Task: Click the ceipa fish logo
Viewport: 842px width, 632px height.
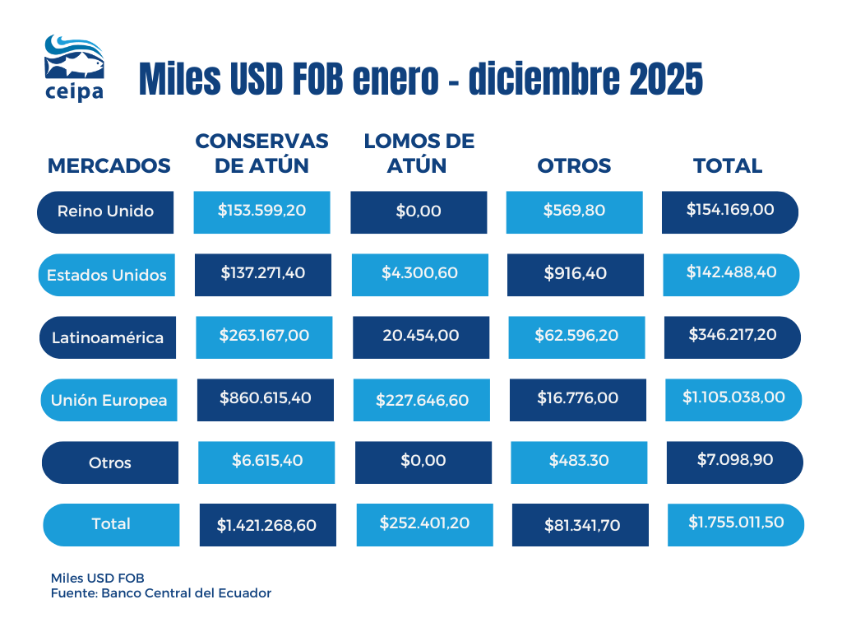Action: click(x=74, y=66)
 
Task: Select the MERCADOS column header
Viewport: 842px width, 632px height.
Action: click(x=109, y=165)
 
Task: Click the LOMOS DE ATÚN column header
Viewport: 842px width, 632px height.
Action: click(x=419, y=153)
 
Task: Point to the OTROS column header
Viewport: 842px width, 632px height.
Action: click(x=574, y=165)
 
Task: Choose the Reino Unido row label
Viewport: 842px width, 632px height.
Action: click(x=105, y=211)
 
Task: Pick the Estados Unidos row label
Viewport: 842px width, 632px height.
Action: click(x=107, y=275)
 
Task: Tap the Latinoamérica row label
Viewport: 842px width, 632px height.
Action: click(x=108, y=337)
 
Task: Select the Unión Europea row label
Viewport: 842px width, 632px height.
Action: click(x=109, y=401)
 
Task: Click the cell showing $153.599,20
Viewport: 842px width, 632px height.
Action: click(x=261, y=211)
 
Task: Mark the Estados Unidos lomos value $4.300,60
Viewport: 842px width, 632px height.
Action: click(x=419, y=273)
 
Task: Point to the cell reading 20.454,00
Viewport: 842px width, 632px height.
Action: click(x=420, y=336)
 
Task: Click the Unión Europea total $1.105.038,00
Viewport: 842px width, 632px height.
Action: click(x=733, y=397)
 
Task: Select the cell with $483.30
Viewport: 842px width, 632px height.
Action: click(x=579, y=461)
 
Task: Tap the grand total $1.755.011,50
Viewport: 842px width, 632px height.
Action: click(x=735, y=524)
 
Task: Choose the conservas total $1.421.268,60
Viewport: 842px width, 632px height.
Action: click(x=266, y=525)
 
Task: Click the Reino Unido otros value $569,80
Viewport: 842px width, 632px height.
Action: click(x=574, y=211)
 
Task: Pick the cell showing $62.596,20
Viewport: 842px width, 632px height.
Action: click(x=576, y=336)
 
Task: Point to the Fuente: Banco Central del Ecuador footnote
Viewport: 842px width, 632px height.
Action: click(x=161, y=592)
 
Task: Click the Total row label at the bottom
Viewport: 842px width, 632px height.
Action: click(x=111, y=524)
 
